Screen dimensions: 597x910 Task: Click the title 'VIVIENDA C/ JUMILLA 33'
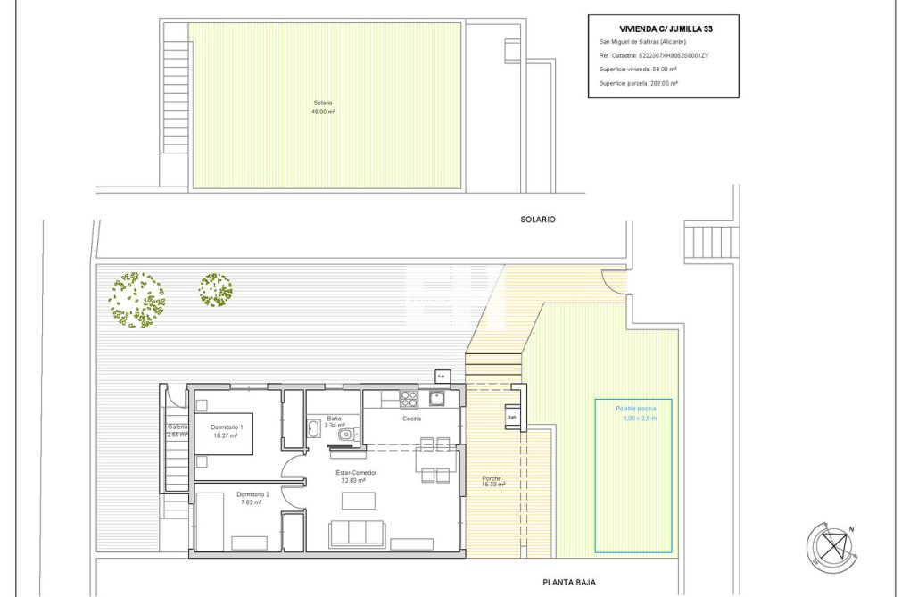tap(666, 29)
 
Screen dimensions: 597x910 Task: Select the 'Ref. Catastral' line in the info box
tap(653, 55)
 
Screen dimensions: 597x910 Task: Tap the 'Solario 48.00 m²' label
tap(322, 107)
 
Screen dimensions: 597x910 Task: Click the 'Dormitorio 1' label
tap(227, 432)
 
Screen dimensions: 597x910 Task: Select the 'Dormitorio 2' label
tap(252, 498)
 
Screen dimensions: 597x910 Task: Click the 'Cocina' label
tap(411, 418)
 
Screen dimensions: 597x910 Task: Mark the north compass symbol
tap(832, 545)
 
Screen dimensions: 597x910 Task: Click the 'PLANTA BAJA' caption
tap(568, 582)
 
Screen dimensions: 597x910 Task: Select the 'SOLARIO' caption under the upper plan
tap(538, 219)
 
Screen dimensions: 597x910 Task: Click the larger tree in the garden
tap(137, 300)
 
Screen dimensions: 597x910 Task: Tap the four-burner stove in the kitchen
tap(409, 398)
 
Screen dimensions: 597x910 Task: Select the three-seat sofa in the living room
tap(357, 534)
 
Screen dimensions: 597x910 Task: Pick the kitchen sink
tap(437, 398)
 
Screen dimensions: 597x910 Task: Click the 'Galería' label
tap(178, 431)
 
